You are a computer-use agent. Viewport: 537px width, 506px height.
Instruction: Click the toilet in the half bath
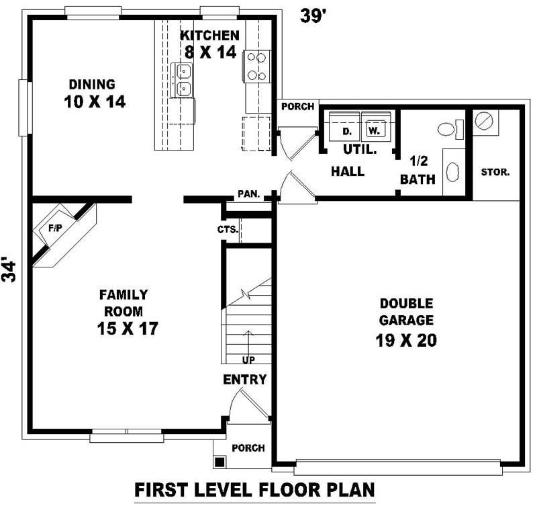click(x=450, y=128)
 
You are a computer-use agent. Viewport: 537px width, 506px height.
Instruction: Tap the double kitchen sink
click(x=183, y=80)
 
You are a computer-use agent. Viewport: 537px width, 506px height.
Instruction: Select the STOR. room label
click(x=495, y=171)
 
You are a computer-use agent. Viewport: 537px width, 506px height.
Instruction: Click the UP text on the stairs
click(x=248, y=360)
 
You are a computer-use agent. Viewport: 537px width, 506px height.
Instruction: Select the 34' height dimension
click(x=9, y=269)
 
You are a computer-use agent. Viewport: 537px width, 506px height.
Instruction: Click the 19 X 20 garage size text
click(x=406, y=340)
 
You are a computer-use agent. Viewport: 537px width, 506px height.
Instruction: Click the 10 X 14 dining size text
click(x=95, y=102)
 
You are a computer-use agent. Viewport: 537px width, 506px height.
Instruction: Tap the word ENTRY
click(x=245, y=380)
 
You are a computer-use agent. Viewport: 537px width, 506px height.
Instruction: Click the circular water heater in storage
click(x=485, y=121)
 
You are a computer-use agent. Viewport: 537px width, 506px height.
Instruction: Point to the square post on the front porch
click(x=219, y=462)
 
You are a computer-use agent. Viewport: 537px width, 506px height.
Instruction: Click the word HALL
click(x=348, y=171)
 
